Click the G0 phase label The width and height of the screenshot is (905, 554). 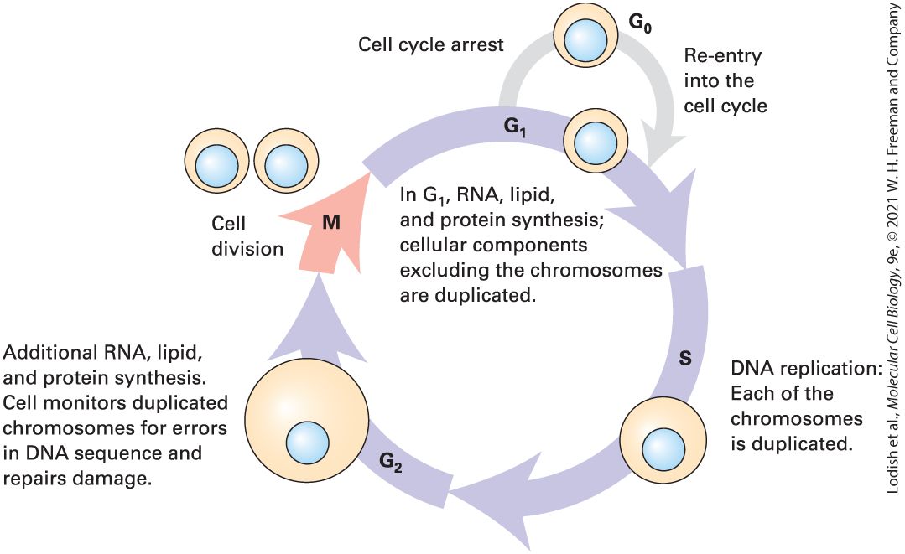(639, 23)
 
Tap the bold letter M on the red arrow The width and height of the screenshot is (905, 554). (331, 222)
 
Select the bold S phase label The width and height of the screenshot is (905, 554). (685, 359)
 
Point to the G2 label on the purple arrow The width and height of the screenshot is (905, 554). (391, 463)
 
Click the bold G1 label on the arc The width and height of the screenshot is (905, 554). (515, 127)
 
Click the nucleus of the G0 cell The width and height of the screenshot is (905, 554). (585, 40)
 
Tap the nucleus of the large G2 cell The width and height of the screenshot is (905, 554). (308, 443)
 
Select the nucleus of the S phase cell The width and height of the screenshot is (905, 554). (663, 449)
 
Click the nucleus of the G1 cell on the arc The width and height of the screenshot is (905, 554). (595, 142)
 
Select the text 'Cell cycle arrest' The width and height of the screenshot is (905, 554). (430, 44)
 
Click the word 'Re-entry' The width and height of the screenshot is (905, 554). (723, 55)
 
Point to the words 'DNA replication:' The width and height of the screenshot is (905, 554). (806, 368)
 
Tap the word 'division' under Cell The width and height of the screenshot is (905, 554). (247, 248)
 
